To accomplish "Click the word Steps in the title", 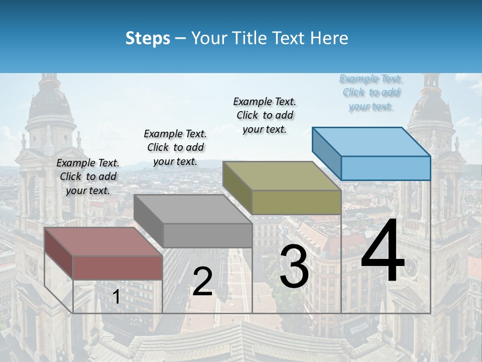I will pos(148,38).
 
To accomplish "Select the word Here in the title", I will pos(329,38).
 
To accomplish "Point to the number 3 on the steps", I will pos(294,266).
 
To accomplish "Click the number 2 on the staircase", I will pos(202,282).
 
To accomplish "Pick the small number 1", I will pos(116,297).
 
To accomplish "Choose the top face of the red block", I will pos(103,242).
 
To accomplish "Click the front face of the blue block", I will pos(386,168).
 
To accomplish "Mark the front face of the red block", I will pos(117,267).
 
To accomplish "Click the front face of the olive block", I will pos(296,202).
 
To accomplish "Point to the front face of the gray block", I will pos(207,235).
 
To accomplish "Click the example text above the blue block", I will pos(371,93).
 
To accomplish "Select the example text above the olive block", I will pos(265,115).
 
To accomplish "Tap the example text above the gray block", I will pos(175,147).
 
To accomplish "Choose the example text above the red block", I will pos(88,176).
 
